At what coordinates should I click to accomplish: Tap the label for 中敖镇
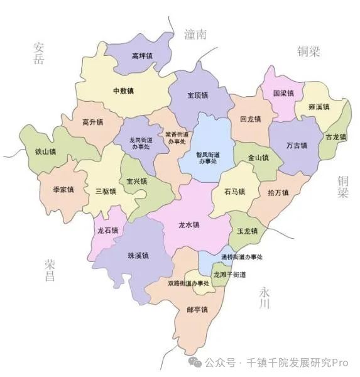pos(123,91)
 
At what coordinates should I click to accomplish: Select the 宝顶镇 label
pos(198,96)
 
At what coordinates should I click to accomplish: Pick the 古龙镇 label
pos(335,137)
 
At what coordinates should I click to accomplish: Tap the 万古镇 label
pos(296,146)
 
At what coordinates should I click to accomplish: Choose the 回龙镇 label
pos(250,119)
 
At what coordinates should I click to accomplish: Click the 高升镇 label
pos(92,122)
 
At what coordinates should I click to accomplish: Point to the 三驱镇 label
pos(105,191)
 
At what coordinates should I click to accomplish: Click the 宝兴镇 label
pos(136,182)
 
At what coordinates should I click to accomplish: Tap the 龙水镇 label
pos(188,225)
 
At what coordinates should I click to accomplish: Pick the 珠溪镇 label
pos(138,256)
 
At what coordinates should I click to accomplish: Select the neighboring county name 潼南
pos(195,35)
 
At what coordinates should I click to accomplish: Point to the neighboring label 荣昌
pos(50,270)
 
